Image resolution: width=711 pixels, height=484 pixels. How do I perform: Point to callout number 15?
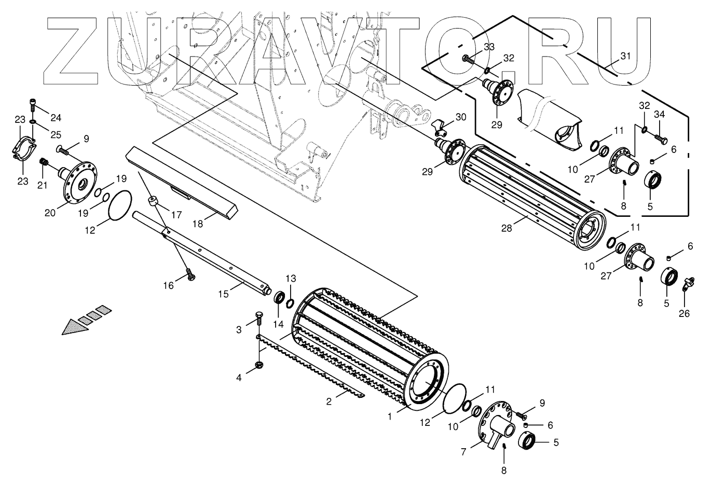(223, 294)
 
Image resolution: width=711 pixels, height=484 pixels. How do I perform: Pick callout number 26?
(685, 313)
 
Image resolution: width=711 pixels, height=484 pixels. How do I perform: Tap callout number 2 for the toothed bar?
(329, 401)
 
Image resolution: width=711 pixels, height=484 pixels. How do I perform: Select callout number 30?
(460, 117)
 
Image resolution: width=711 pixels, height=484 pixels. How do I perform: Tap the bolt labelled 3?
(258, 317)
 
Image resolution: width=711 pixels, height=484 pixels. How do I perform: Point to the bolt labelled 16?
(189, 274)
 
